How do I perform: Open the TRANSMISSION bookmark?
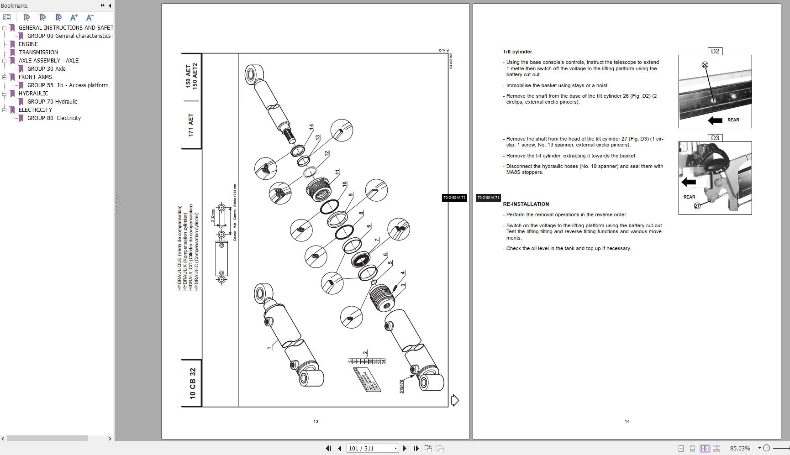[x=38, y=52]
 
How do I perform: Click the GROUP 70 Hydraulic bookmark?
[x=52, y=102]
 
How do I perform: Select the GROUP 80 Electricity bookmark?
[x=54, y=118]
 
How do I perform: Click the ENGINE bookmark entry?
[x=28, y=44]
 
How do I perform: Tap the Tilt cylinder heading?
[x=517, y=52]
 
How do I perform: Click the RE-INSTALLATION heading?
[x=526, y=204]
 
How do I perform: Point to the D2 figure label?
[x=715, y=51]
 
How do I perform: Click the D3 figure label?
[x=715, y=138]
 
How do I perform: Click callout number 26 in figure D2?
[x=705, y=65]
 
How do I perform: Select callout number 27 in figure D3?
[x=697, y=206]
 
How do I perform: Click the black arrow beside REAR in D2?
[x=715, y=120]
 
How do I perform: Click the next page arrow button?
[x=405, y=449]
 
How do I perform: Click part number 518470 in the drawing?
[x=401, y=386]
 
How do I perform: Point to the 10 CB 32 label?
[x=192, y=383]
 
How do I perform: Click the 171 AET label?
[x=191, y=125]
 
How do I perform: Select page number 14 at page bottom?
[x=627, y=422]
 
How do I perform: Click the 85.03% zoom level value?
[x=740, y=449]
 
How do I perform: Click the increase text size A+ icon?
[x=74, y=17]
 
